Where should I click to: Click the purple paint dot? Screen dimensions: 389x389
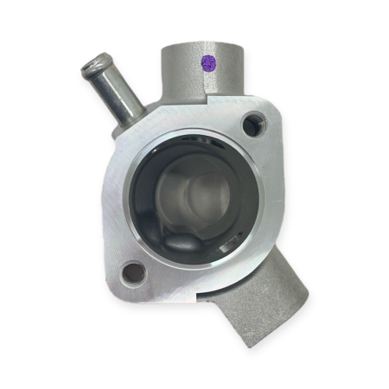[207, 62]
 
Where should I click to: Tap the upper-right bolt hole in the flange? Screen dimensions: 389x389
[252, 125]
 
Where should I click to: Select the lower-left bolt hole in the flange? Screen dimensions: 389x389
[134, 274]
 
